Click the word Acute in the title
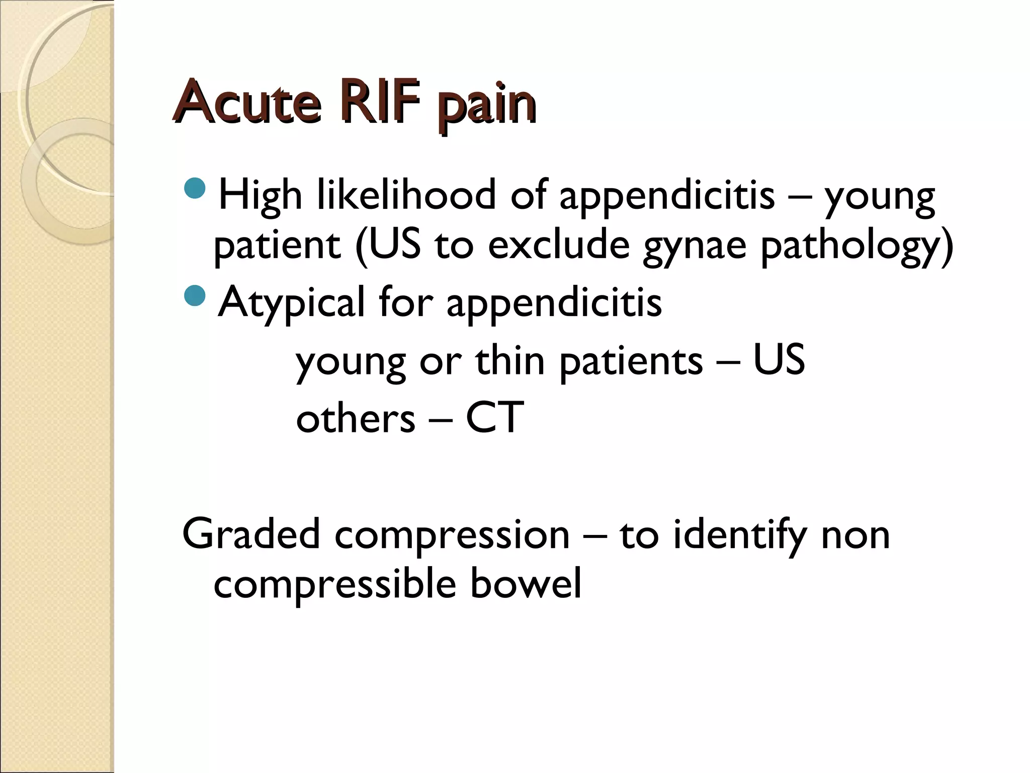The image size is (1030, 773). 246,102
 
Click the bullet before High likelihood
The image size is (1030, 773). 195,187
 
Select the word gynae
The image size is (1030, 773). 695,246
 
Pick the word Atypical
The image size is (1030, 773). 292,302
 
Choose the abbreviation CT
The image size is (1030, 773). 495,417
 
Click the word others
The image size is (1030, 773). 356,417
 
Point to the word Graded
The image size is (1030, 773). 251,534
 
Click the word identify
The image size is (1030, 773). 740,535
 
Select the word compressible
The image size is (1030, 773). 335,584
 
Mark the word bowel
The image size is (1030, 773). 526,583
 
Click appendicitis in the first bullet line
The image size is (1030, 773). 667,196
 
